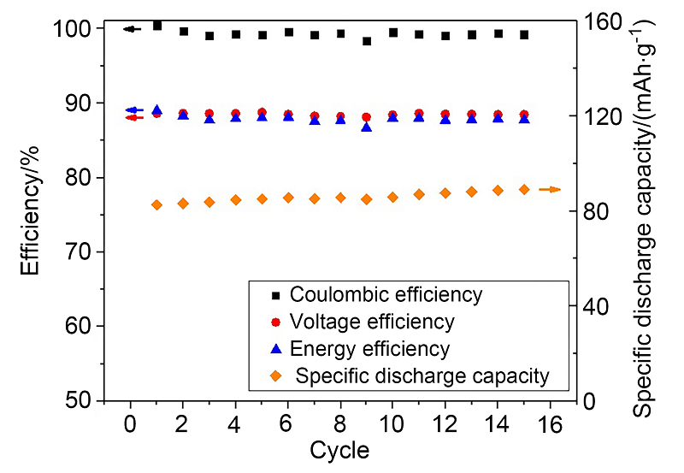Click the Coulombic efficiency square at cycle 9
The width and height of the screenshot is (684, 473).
(x=367, y=41)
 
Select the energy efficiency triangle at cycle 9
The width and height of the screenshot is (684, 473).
(x=367, y=127)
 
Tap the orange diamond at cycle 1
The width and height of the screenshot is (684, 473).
(x=156, y=205)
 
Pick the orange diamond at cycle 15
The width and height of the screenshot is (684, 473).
(x=524, y=189)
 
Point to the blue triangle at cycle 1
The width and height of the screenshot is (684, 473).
(x=156, y=110)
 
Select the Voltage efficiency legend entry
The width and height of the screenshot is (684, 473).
(x=372, y=322)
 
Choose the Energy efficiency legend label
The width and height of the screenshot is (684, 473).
(x=369, y=348)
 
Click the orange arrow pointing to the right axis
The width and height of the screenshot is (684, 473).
(x=550, y=189)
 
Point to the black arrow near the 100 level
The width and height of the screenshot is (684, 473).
(x=131, y=29)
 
